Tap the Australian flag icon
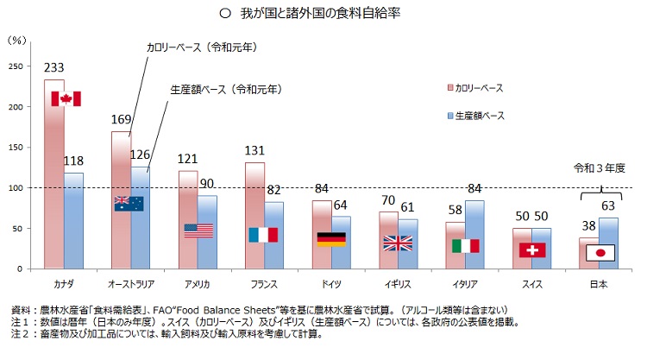(x=129, y=204)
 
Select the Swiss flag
(x=532, y=249)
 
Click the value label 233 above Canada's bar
(x=54, y=67)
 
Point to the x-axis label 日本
(x=599, y=284)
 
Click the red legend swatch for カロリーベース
(x=449, y=88)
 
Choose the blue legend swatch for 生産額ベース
(x=449, y=116)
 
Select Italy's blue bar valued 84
(x=475, y=234)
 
